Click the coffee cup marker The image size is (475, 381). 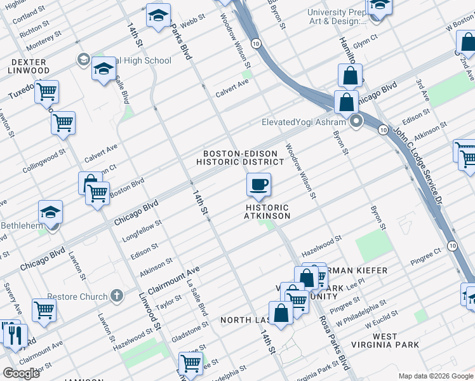pos(258,185)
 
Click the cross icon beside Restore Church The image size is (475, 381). pos(116,296)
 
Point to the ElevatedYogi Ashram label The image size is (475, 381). pos(303,122)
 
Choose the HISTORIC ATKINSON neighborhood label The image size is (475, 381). pos(267,212)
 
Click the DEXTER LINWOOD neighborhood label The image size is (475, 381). pos(28,67)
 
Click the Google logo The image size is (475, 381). pos(22,373)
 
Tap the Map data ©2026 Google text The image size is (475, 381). pos(435,376)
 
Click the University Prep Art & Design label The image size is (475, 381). pos(337,17)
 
